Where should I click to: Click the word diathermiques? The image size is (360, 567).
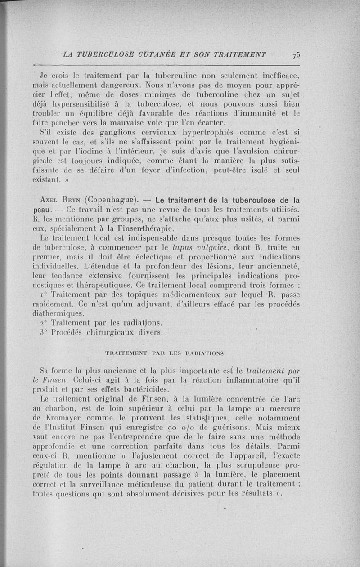coord(60,313)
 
